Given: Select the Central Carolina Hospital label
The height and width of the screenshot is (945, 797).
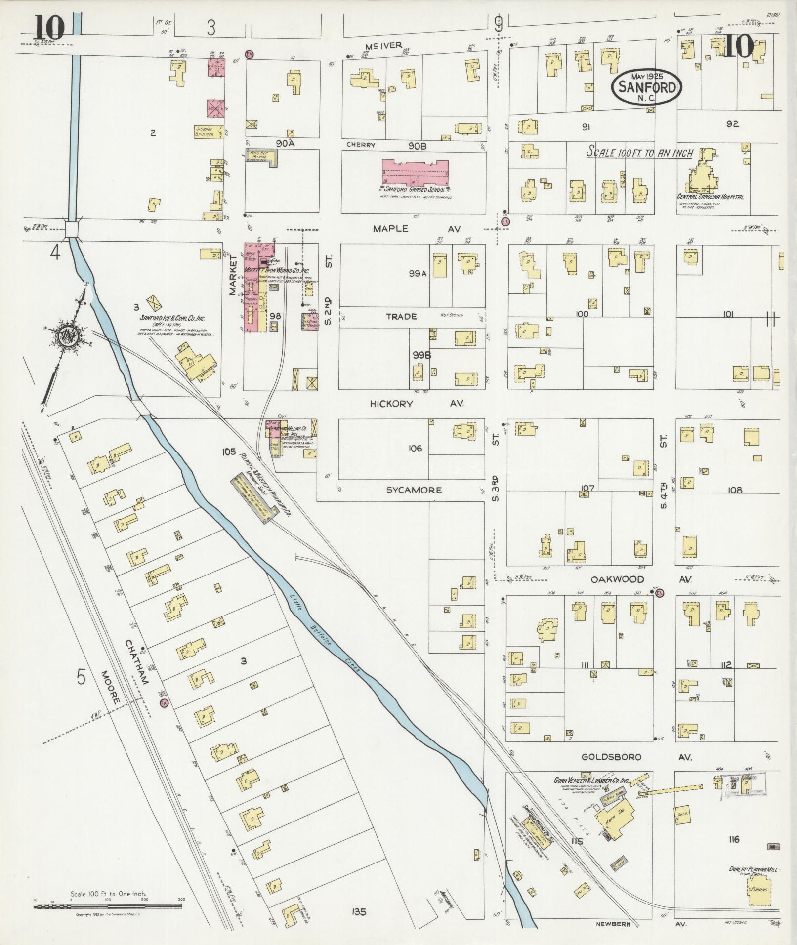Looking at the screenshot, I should pos(710,197).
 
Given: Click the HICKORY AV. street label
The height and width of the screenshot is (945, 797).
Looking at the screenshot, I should pos(417,404).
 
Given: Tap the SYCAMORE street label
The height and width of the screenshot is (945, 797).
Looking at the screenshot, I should pos(414,490).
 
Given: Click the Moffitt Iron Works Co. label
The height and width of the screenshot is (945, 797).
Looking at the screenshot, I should pos(277,271).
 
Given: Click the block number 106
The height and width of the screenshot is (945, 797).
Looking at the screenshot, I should pos(415,448).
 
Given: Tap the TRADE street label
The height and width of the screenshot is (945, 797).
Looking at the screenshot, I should pos(401,316).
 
